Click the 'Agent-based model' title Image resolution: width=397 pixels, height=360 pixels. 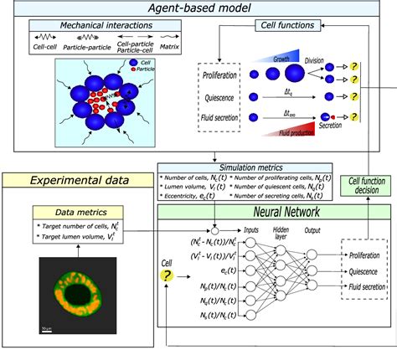(198, 9)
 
